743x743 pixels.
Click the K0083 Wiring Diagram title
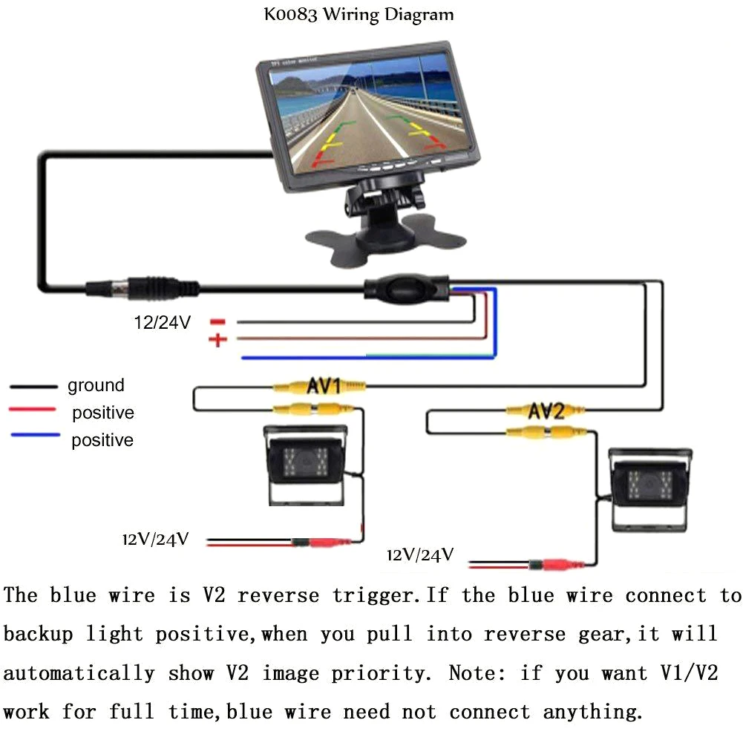[x=359, y=14]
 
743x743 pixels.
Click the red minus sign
[x=217, y=322]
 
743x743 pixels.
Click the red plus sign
[x=217, y=341]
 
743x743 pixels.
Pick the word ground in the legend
[x=96, y=385]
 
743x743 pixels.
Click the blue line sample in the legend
[x=34, y=436]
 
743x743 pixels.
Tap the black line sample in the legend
[x=34, y=387]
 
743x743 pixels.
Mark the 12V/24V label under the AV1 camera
[x=156, y=538]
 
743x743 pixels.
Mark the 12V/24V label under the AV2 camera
[x=420, y=554]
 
